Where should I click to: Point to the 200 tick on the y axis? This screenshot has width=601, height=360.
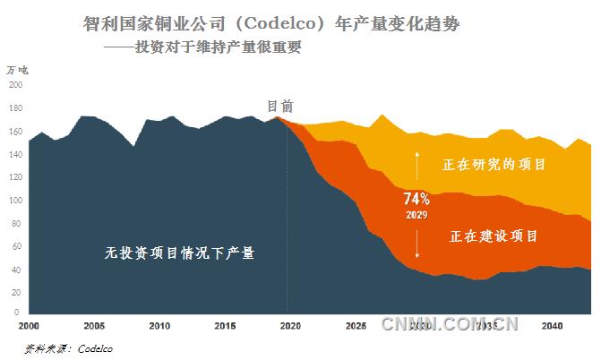[15, 85]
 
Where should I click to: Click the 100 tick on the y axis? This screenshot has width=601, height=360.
[15, 201]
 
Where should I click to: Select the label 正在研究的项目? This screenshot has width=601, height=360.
[494, 166]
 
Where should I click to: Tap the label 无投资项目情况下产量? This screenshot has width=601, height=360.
[180, 253]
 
